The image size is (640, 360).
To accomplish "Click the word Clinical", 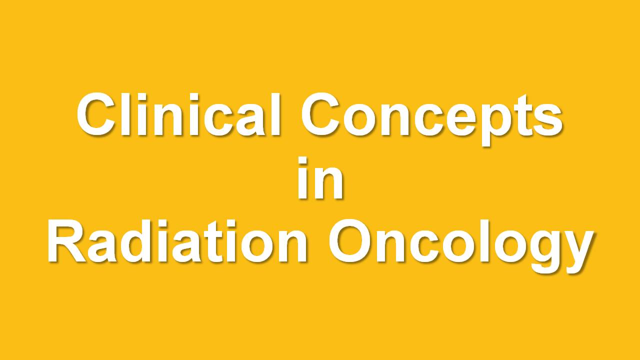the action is pos(178,114).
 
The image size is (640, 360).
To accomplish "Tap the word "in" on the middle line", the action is pos(320,177).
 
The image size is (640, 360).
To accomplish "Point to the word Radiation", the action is pos(177,241).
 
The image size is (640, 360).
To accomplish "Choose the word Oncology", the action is pos(461,245).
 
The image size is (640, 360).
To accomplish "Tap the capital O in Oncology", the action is pos(350,241).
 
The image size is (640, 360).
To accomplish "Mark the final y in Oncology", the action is pos(576,252).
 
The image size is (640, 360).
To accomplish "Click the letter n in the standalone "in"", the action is pos(327,183).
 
